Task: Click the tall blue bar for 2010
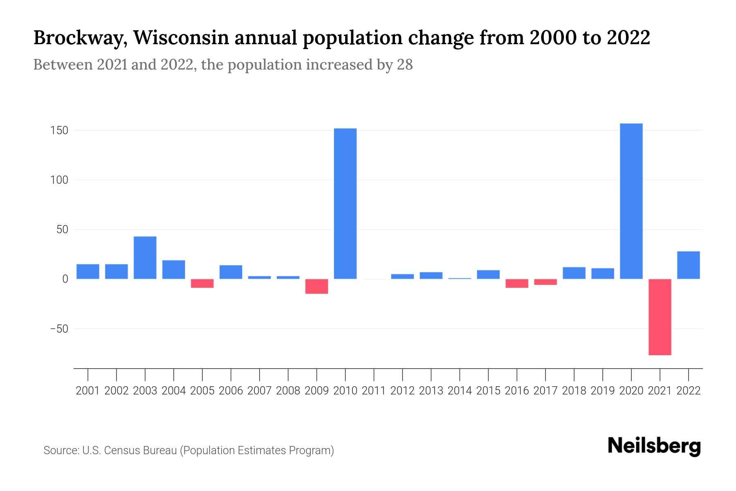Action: point(345,203)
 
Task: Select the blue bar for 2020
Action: point(631,201)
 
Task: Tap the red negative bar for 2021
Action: point(660,317)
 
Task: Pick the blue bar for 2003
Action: point(145,257)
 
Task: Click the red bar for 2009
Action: point(317,286)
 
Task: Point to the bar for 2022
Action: point(689,265)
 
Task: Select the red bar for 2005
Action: point(202,283)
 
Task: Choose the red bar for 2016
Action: point(517,283)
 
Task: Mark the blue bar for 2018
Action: point(574,273)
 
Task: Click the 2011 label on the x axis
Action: point(374,391)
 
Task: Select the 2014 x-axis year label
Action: point(460,391)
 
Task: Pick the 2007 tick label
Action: point(260,391)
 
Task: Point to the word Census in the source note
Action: point(122,450)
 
